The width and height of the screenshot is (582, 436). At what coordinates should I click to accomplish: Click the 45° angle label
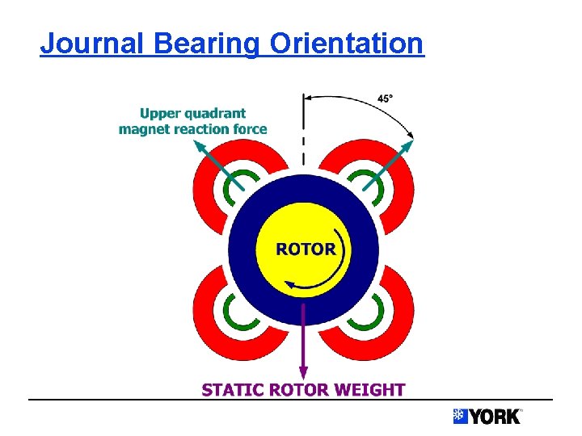386,99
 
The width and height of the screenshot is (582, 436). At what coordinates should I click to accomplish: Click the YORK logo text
495,417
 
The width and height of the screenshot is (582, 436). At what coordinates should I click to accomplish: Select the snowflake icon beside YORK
460,417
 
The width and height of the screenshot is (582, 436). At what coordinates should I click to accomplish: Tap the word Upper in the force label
161,114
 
